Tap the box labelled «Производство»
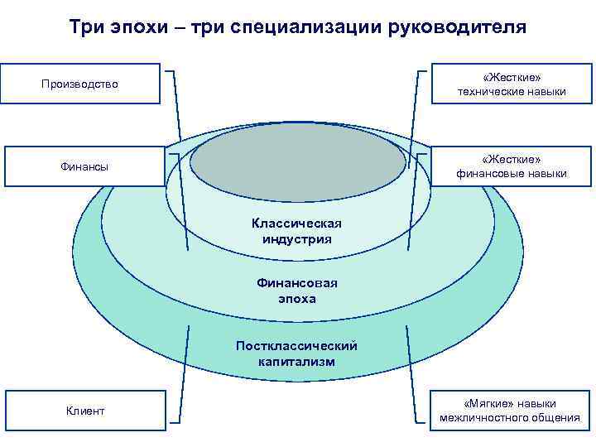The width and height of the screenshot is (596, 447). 80,84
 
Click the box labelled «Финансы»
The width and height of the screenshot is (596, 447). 84,166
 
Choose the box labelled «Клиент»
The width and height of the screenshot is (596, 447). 85,411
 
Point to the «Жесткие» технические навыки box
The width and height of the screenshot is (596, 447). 512,84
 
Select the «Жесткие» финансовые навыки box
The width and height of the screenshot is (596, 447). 512,166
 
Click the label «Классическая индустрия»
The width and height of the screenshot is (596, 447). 296,231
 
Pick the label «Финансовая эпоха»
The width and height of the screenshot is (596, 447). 296,291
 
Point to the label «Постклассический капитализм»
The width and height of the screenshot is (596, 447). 296,353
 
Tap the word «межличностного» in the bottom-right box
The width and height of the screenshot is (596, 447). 478,418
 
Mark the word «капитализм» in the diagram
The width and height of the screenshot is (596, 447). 296,362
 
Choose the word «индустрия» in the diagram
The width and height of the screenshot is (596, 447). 296,239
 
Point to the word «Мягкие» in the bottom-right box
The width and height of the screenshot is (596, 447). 482,403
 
